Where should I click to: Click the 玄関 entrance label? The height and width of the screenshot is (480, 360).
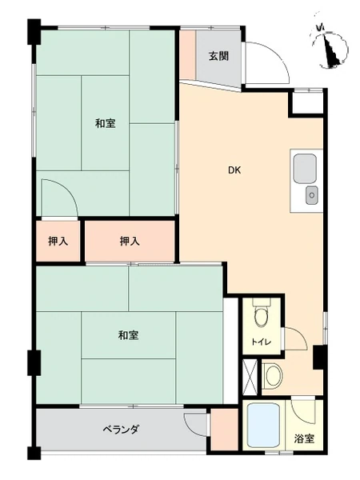(218, 56)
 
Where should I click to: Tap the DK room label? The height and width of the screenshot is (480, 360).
(234, 170)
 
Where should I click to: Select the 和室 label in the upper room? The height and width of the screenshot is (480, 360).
(106, 123)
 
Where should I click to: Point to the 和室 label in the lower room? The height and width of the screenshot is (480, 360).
(129, 335)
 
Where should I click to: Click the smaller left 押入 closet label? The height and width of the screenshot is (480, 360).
(58, 242)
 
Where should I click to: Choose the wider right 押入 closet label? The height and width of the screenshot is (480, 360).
(130, 242)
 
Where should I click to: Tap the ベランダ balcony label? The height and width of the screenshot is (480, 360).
(120, 429)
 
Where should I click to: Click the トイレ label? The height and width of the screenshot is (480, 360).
(261, 342)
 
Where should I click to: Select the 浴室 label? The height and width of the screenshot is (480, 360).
(304, 438)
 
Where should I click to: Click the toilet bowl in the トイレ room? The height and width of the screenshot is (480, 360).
(261, 317)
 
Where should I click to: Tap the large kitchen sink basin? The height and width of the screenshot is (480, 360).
(305, 169)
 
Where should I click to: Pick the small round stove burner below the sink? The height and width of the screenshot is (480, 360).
(312, 195)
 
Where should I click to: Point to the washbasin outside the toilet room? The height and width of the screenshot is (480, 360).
(273, 375)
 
